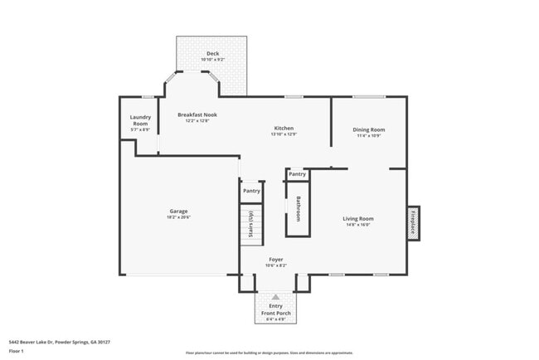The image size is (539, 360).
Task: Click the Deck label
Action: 212,53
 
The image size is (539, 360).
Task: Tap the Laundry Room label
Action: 140,120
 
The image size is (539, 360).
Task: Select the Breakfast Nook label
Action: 197,115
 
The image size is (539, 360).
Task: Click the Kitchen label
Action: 284,128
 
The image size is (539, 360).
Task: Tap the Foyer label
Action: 275,259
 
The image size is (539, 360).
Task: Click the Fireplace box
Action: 412,222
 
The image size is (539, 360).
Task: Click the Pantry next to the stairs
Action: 251,191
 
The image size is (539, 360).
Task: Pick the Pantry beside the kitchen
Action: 297,174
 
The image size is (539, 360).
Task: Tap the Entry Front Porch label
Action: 275,309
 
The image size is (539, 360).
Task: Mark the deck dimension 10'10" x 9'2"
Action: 212,60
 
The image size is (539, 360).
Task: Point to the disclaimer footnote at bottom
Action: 269,353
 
